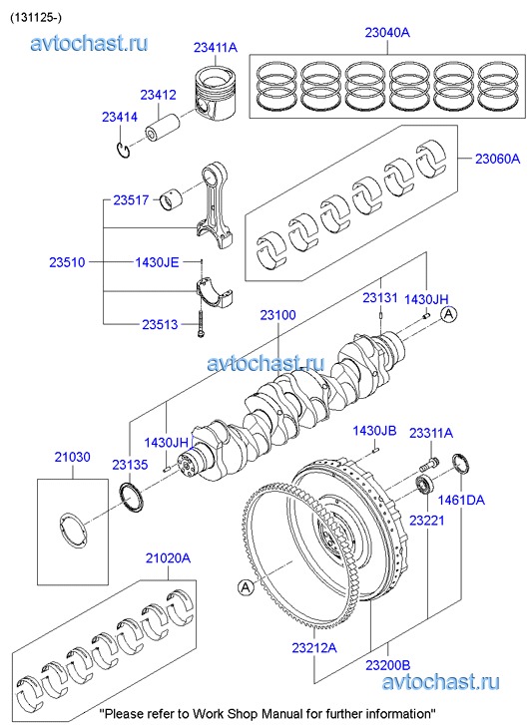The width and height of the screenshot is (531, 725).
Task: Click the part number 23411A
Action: click(216, 47)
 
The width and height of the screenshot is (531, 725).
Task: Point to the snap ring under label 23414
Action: click(123, 151)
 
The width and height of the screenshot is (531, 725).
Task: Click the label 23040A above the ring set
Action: click(387, 32)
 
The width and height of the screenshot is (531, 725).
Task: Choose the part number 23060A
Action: click(498, 159)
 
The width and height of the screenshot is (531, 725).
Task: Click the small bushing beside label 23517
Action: click(172, 199)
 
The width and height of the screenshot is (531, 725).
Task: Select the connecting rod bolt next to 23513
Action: click(201, 323)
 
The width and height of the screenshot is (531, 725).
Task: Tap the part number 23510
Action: click(68, 262)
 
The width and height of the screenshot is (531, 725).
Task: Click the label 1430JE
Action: click(157, 262)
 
